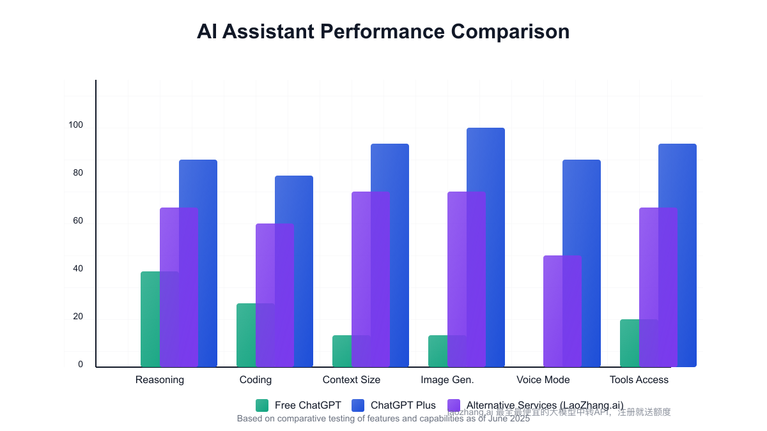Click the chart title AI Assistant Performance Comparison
point(383,31)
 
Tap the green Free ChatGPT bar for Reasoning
point(150,319)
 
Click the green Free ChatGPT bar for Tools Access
point(630,343)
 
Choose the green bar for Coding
point(246,335)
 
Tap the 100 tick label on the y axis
point(76,125)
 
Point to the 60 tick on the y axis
point(78,221)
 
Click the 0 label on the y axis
point(81,365)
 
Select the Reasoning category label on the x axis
point(160,380)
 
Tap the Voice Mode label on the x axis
point(543,380)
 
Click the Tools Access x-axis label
point(639,380)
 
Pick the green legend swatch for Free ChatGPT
point(262,405)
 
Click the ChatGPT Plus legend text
point(403,405)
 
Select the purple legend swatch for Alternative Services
point(454,405)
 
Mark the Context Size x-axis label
point(352,380)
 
